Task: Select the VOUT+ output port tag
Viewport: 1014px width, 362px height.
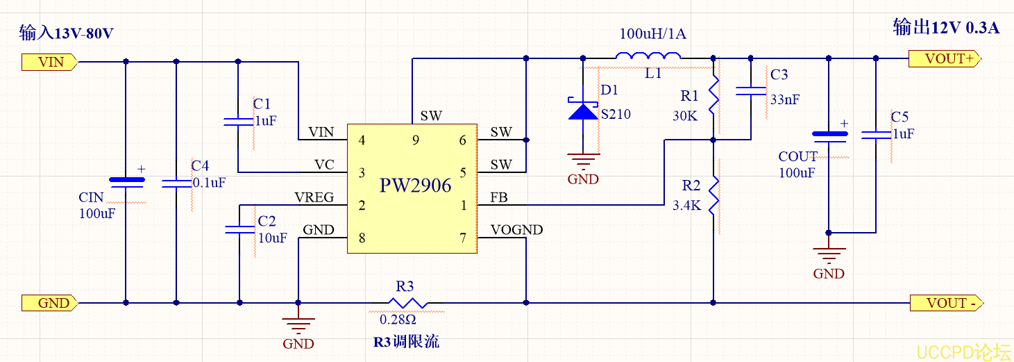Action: (945, 59)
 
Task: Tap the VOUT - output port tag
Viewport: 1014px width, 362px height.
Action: (945, 303)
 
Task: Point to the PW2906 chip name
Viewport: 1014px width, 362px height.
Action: (415, 186)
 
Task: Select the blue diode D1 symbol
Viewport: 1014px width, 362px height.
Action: (583, 110)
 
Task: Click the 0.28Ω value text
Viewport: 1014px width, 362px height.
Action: (398, 320)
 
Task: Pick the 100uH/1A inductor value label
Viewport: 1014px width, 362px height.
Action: (652, 34)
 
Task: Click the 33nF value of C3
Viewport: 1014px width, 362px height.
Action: (784, 99)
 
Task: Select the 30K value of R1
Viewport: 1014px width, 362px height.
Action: (684, 115)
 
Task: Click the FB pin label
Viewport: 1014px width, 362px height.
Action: (498, 198)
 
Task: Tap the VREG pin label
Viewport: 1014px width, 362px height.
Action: (314, 198)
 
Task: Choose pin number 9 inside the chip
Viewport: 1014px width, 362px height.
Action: (415, 140)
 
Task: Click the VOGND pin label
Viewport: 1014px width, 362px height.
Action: (516, 230)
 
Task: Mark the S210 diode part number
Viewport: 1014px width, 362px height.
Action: (616, 114)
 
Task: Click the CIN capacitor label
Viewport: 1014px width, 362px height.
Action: (91, 198)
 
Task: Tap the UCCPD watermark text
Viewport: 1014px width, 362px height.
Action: (963, 352)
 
